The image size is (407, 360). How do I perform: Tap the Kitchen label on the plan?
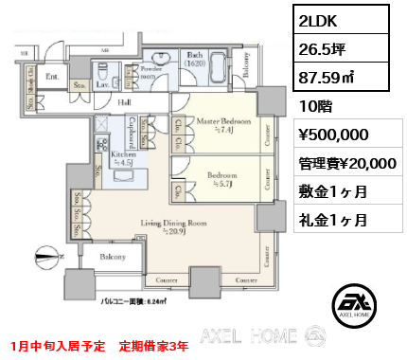(124, 153)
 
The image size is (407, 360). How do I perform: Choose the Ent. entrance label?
(53, 77)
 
